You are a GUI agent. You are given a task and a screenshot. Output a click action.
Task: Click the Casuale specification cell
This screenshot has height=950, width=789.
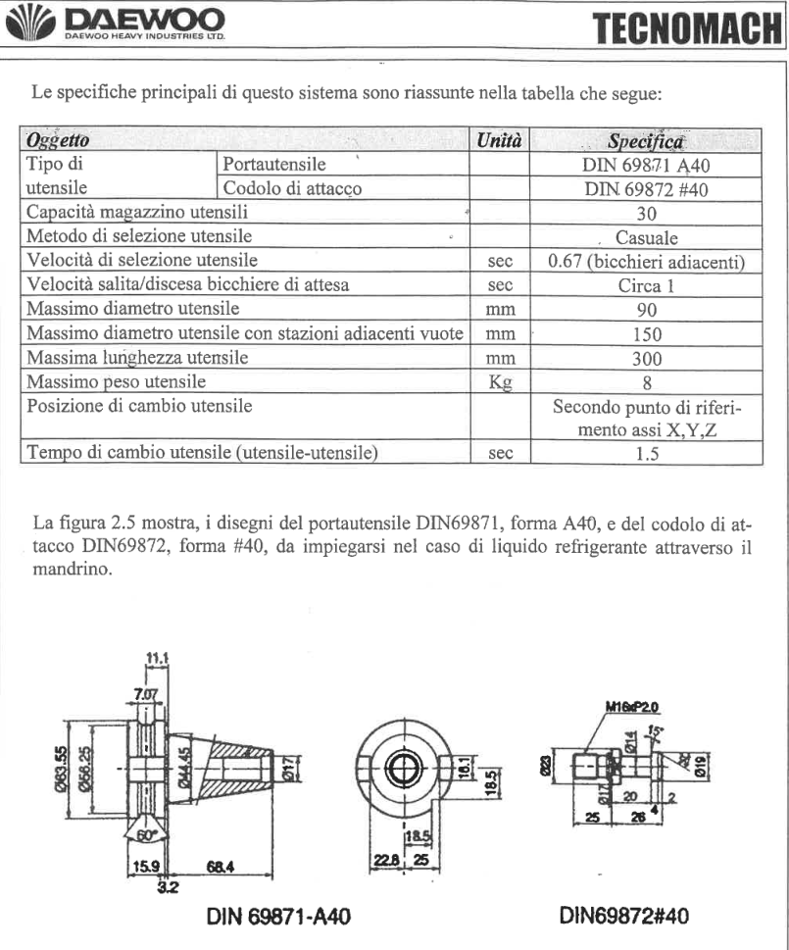646,236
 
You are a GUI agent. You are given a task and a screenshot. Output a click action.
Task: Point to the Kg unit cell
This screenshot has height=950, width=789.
500,381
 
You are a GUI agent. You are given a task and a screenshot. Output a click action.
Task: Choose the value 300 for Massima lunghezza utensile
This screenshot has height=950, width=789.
646,358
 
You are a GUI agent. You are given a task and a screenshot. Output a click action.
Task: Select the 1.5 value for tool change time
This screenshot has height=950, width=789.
646,453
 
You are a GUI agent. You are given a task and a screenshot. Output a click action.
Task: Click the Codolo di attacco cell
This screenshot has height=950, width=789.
293,188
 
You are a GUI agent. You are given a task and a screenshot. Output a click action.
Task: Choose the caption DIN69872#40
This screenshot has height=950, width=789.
623,916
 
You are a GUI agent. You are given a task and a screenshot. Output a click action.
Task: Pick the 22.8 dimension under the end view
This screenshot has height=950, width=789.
384,860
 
